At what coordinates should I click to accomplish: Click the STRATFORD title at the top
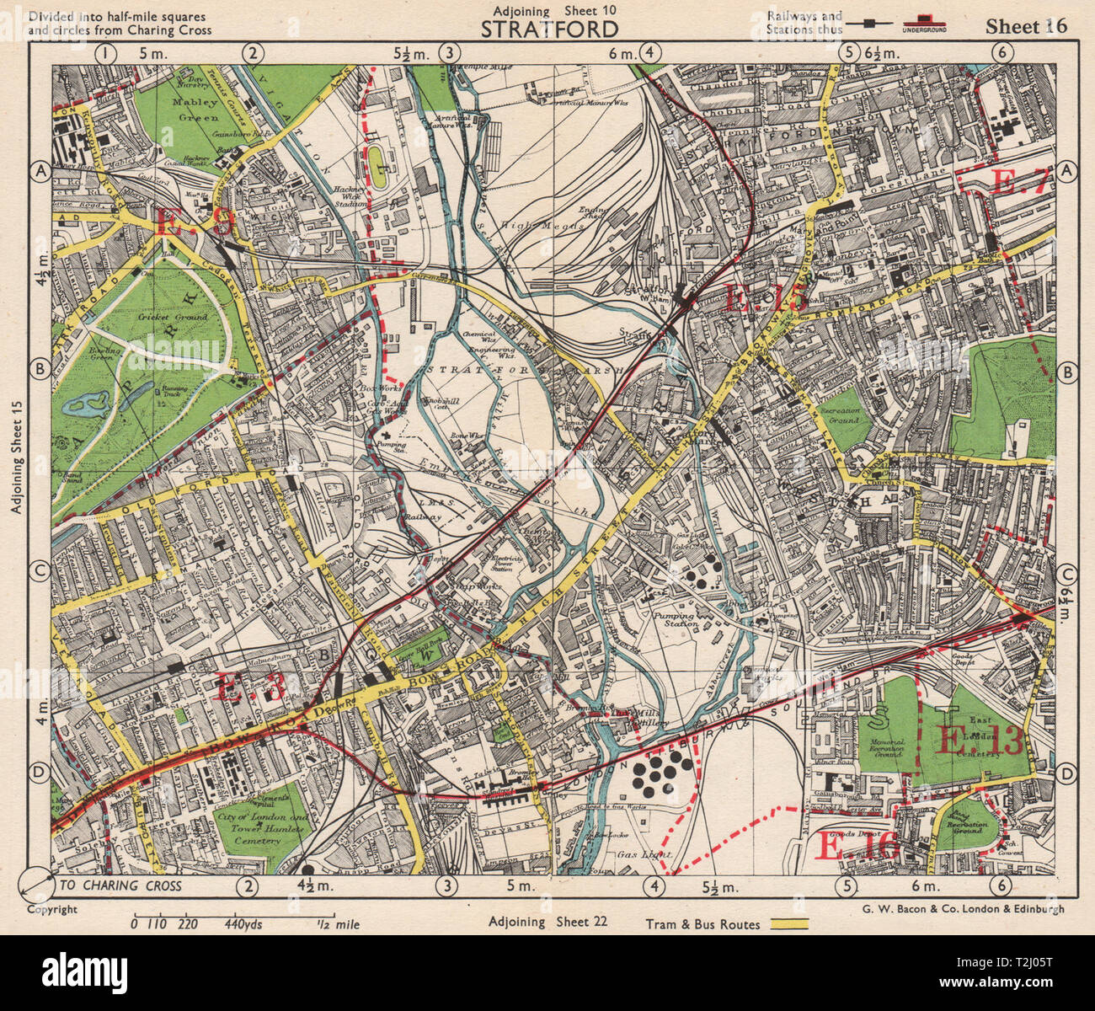coord(549,29)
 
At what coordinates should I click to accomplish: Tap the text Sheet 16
coord(1026,26)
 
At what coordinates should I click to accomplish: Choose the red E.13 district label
coord(980,741)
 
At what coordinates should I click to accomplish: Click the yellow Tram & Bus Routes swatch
coord(785,923)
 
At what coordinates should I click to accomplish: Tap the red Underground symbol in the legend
coord(925,20)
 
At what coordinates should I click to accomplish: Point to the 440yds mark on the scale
coord(243,924)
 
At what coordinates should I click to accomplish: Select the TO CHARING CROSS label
coord(120,885)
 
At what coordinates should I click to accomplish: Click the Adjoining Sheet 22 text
coord(547,922)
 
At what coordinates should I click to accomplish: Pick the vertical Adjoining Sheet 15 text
coord(14,456)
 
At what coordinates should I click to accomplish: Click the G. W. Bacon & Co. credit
coord(963,909)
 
